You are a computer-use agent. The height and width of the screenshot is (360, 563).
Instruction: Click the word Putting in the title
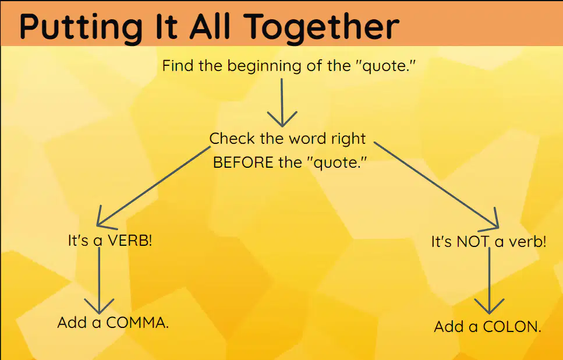(x=81, y=27)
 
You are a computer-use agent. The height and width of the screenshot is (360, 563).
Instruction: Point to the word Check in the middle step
(x=232, y=138)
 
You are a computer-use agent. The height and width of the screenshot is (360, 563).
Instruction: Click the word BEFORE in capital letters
(x=243, y=163)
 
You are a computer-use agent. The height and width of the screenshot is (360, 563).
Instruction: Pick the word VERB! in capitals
(x=130, y=241)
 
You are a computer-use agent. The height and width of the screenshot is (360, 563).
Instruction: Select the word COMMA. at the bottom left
(x=137, y=322)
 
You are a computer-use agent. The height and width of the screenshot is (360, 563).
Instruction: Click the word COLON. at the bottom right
(x=512, y=327)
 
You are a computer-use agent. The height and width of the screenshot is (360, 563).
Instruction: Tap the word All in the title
(x=210, y=26)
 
